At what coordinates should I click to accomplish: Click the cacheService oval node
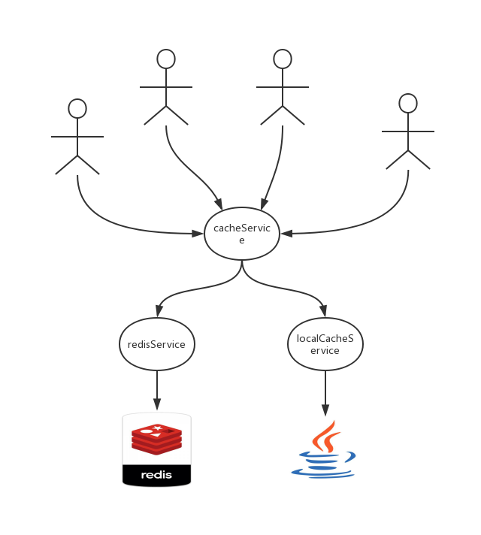241,234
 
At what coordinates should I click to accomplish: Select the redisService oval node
156,344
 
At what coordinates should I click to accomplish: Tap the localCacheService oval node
325,344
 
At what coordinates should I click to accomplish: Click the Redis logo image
156,449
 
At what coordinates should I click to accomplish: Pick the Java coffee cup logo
325,449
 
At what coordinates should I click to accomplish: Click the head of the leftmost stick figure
77,109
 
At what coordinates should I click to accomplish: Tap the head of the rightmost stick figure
408,103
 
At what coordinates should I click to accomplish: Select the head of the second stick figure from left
166,59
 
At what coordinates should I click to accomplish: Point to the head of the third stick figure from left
283,59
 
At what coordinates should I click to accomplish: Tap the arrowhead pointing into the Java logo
325,410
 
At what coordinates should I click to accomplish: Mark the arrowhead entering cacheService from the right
286,234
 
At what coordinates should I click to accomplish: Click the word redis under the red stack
156,475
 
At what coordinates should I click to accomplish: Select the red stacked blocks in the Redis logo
156,439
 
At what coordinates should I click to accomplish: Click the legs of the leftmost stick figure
77,165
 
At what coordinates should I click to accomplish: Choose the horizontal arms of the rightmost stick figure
408,131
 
